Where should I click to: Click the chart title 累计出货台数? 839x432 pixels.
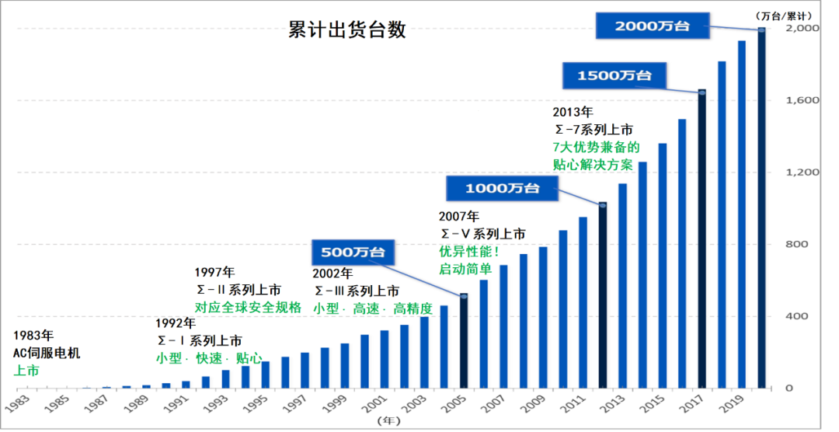[347, 30]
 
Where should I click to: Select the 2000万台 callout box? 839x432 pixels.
[653, 26]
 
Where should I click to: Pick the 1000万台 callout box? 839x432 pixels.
[502, 188]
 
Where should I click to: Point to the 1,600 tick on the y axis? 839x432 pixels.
[804, 100]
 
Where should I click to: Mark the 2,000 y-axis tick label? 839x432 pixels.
[804, 28]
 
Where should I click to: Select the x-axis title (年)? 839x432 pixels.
[388, 420]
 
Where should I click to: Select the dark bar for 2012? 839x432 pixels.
[602, 296]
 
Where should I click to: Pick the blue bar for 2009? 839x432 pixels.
[543, 318]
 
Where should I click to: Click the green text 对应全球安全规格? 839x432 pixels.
[247, 307]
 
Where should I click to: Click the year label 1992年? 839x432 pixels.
[174, 322]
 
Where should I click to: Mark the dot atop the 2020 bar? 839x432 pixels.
[761, 30]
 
